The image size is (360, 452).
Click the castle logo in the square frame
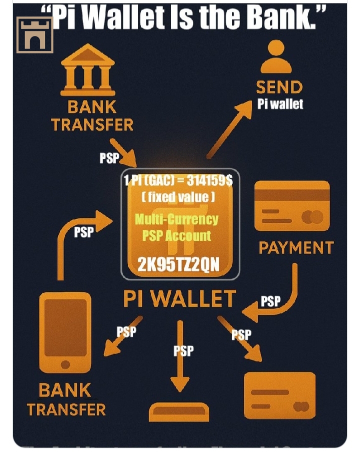tap(34, 35)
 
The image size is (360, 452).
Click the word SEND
tap(279, 87)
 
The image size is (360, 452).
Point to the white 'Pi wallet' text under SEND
tap(280, 104)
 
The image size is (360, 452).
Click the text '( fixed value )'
tap(178, 197)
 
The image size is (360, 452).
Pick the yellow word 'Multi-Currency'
tap(176, 219)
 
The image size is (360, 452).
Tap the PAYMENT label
tap(296, 248)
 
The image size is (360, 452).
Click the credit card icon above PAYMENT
tap(292, 206)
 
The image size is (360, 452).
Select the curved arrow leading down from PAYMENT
tap(280, 300)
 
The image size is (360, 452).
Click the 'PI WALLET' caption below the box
tap(179, 299)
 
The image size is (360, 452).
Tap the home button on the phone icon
tap(65, 365)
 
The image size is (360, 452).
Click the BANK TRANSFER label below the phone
tap(66, 400)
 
